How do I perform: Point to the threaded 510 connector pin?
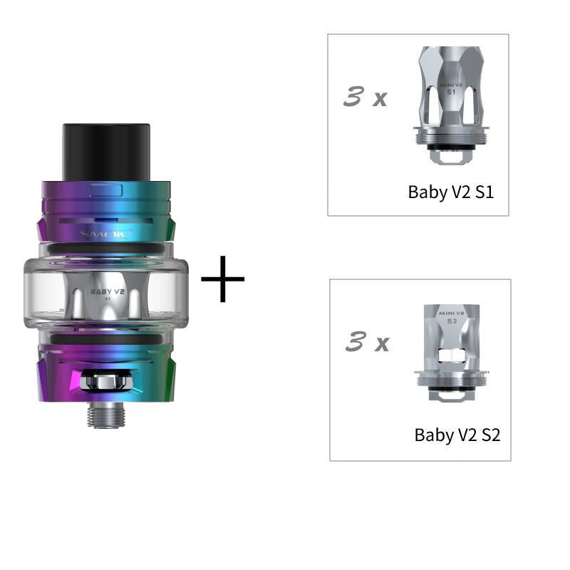click(x=105, y=414)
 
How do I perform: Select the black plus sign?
click(x=222, y=279)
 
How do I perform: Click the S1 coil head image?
click(x=450, y=103)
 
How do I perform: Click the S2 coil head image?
click(x=451, y=353)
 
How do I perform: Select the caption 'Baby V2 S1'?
click(x=450, y=192)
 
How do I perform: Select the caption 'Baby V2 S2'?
click(x=457, y=435)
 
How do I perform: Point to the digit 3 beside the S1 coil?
click(x=353, y=98)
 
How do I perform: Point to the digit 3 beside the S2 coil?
click(x=355, y=343)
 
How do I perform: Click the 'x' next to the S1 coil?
click(x=380, y=100)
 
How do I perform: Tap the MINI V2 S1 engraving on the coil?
click(x=450, y=88)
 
